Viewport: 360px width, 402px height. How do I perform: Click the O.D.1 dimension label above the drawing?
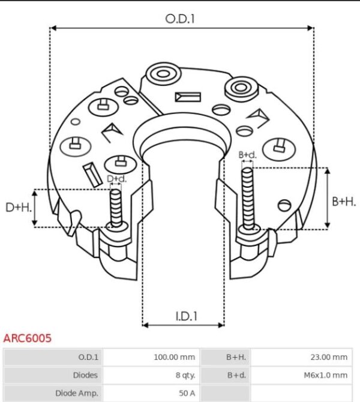[180, 19]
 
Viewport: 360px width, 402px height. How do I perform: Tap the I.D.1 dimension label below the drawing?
[187, 316]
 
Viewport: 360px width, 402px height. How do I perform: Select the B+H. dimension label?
[344, 202]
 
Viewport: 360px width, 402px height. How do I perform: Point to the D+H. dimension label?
[19, 207]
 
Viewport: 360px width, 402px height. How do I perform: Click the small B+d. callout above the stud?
[247, 155]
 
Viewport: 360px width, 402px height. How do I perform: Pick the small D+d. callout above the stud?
[116, 179]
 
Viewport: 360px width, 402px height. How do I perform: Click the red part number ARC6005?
[27, 338]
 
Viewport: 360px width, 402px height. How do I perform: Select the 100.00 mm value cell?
[175, 357]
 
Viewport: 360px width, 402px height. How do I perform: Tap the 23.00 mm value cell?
[329, 357]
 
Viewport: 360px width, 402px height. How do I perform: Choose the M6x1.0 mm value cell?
[326, 375]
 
